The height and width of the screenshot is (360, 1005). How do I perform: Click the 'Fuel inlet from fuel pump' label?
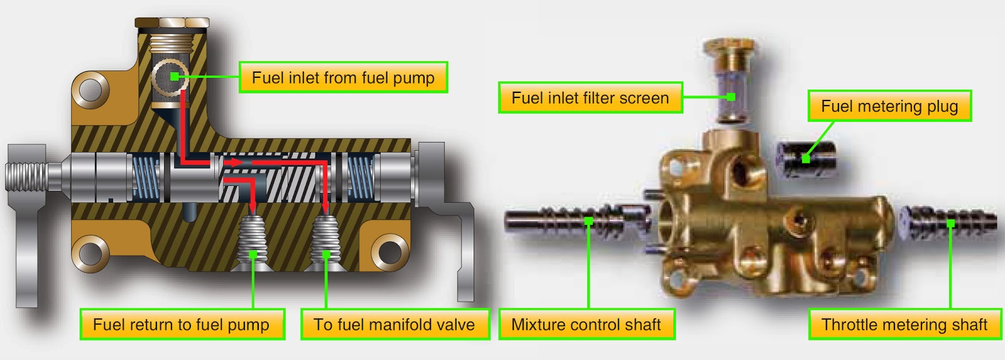click(x=343, y=77)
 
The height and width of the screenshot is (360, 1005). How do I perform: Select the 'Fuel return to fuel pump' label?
click(x=182, y=324)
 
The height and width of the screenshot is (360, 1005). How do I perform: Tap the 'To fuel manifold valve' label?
click(x=394, y=324)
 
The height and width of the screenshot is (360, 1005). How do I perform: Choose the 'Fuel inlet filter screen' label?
click(x=590, y=97)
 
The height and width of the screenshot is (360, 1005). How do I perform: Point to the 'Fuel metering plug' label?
click(x=889, y=106)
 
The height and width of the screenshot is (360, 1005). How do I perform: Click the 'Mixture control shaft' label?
click(x=586, y=324)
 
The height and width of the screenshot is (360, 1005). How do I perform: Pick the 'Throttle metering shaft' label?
click(x=905, y=324)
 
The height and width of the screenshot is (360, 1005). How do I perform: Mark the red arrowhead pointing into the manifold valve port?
click(x=325, y=207)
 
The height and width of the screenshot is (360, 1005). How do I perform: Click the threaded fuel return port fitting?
click(x=253, y=242)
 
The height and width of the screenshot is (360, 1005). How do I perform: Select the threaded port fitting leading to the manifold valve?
click(x=326, y=242)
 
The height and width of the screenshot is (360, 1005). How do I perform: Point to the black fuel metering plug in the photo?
click(x=807, y=158)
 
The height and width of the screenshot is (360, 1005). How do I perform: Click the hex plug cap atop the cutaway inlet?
click(x=171, y=24)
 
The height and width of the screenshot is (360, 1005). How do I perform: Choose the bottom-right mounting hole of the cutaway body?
click(x=389, y=251)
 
